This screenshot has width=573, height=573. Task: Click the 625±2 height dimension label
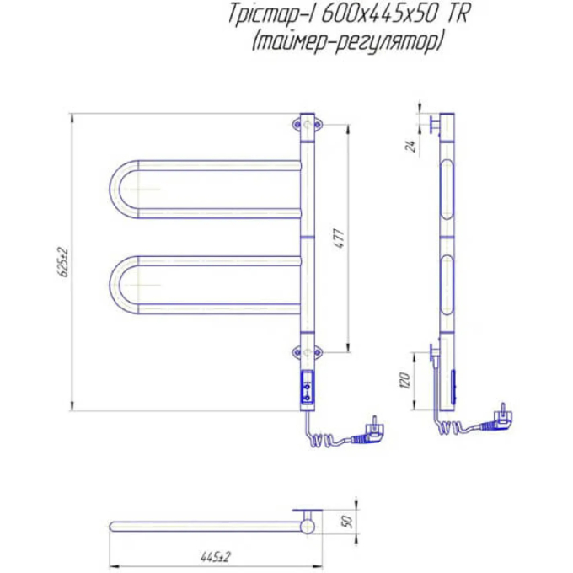[64, 262]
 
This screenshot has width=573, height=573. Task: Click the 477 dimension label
[340, 238]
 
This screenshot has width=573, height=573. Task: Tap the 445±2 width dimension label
[216, 557]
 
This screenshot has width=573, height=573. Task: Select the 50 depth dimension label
[348, 522]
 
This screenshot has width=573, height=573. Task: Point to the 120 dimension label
[405, 380]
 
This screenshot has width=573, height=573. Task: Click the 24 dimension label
[411, 146]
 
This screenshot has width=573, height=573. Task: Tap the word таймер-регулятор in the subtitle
[347, 43]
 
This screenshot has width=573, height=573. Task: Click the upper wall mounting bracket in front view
[307, 126]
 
